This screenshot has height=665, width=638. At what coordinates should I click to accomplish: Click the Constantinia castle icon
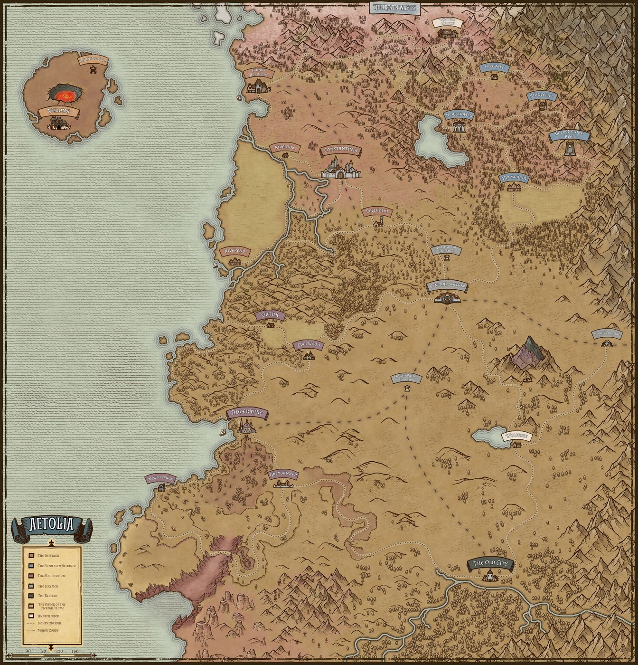(x=340, y=169)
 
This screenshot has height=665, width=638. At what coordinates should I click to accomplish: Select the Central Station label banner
(x=447, y=286)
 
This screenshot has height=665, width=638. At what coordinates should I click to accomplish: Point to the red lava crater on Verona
(x=66, y=95)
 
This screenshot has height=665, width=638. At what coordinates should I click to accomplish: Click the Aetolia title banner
(x=52, y=525)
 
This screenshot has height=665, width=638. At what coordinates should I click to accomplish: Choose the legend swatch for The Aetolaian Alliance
(x=31, y=566)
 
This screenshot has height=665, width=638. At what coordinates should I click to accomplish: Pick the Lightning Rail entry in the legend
(x=48, y=623)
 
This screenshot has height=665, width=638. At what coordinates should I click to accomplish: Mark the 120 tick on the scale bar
(x=59, y=651)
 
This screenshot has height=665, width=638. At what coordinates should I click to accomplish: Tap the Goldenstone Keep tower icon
(x=570, y=148)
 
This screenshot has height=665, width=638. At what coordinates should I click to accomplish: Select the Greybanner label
(x=283, y=474)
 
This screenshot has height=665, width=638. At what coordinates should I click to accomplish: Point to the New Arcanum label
(x=160, y=478)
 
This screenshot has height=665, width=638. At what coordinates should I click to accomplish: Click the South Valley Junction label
(x=406, y=378)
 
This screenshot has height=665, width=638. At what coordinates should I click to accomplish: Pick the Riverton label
(x=285, y=148)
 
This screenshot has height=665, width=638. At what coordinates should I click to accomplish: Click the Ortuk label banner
(x=271, y=315)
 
